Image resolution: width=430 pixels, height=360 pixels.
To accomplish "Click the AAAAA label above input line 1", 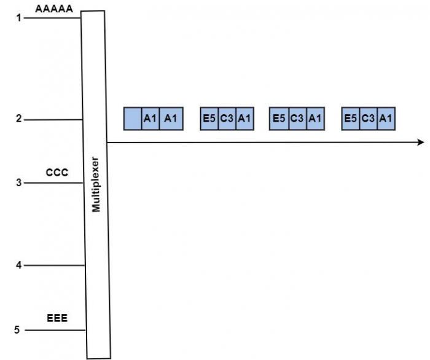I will [55, 9].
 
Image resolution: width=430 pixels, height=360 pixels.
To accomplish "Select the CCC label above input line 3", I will [57, 173].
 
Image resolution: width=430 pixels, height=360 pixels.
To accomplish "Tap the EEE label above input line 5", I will [57, 318].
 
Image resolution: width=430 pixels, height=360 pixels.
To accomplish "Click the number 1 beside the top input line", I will [19, 18].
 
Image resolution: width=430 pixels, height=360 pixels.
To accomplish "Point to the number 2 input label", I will [19, 119].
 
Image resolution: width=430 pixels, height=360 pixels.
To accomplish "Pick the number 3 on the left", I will [19, 183].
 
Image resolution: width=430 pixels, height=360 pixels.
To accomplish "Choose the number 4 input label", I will [19, 265].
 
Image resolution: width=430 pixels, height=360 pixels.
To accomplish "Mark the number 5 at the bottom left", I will [17, 330].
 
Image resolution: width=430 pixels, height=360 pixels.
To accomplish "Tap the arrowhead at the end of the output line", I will [421, 143].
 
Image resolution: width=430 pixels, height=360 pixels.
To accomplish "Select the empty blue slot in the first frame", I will [133, 119].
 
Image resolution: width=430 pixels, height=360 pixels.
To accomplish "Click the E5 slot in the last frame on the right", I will [351, 119].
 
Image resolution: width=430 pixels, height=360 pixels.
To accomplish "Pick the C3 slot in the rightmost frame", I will [368, 119].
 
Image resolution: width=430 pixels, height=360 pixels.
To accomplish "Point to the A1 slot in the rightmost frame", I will [386, 119].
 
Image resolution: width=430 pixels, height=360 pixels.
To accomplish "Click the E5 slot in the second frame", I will [208, 119].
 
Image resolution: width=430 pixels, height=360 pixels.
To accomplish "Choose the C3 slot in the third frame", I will [296, 119].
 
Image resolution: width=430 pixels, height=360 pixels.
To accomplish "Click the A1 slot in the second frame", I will [244, 119].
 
